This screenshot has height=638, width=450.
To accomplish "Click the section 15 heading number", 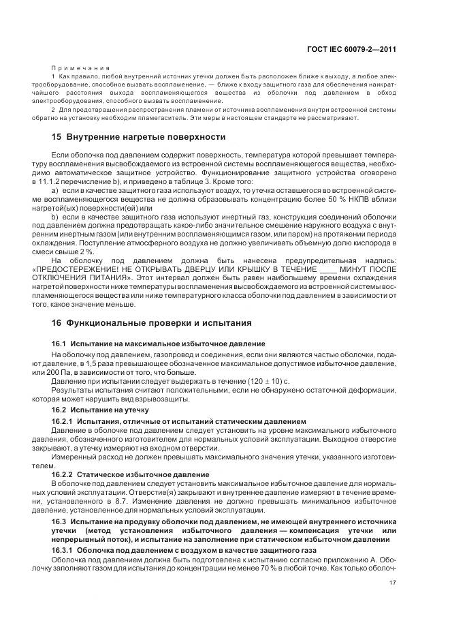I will coord(57,136).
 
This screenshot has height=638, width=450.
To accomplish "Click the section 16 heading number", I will coord(57,322).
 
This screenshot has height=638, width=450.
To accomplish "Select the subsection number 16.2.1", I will coord(63,423).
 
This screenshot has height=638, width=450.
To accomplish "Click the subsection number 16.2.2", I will coord(63,474).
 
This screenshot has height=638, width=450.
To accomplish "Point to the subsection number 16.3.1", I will coord(63,549).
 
